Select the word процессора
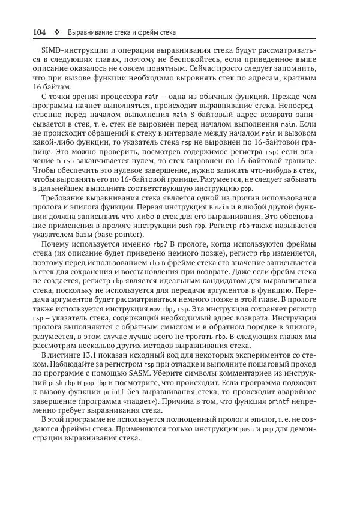(x=121, y=95)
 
